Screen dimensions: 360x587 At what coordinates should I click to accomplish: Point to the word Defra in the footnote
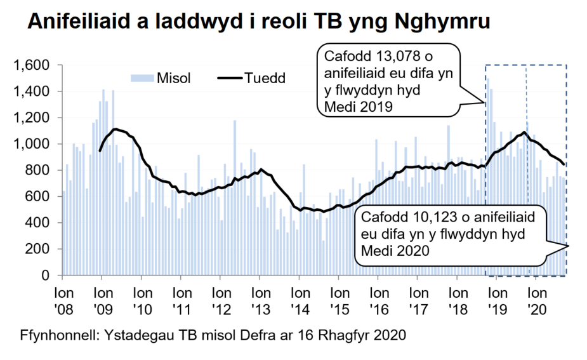263,334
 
